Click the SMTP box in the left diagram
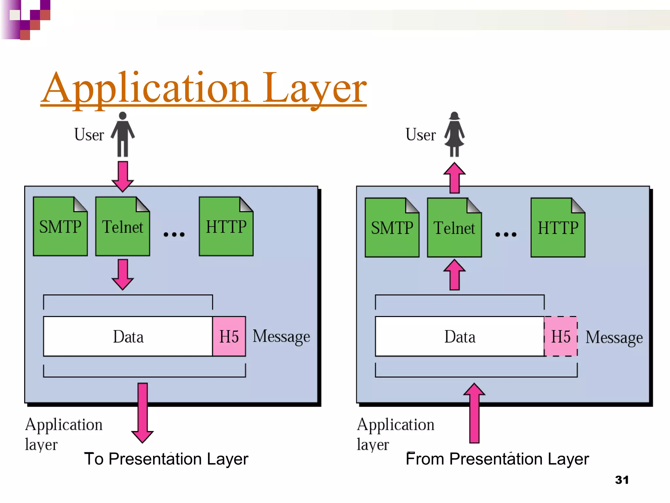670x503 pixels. [x=60, y=227]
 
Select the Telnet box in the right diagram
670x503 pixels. [x=454, y=228]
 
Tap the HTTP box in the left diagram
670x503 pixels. [x=226, y=227]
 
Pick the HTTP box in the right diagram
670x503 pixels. [x=558, y=228]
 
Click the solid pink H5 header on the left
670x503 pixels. [x=229, y=336]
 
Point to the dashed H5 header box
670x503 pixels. [x=561, y=336]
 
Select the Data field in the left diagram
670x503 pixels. [x=128, y=336]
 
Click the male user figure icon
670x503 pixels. [x=123, y=134]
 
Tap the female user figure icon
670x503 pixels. [x=454, y=134]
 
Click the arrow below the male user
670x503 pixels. [x=123, y=176]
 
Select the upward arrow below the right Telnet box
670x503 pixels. [x=454, y=275]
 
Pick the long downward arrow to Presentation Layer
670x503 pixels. [x=142, y=413]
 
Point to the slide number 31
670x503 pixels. [x=622, y=480]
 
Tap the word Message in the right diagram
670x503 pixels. [x=614, y=337]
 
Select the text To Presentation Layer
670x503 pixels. [x=166, y=459]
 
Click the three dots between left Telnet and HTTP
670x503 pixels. [x=174, y=234]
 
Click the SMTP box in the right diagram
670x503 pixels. [x=392, y=228]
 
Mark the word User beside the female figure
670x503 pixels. [x=420, y=135]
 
